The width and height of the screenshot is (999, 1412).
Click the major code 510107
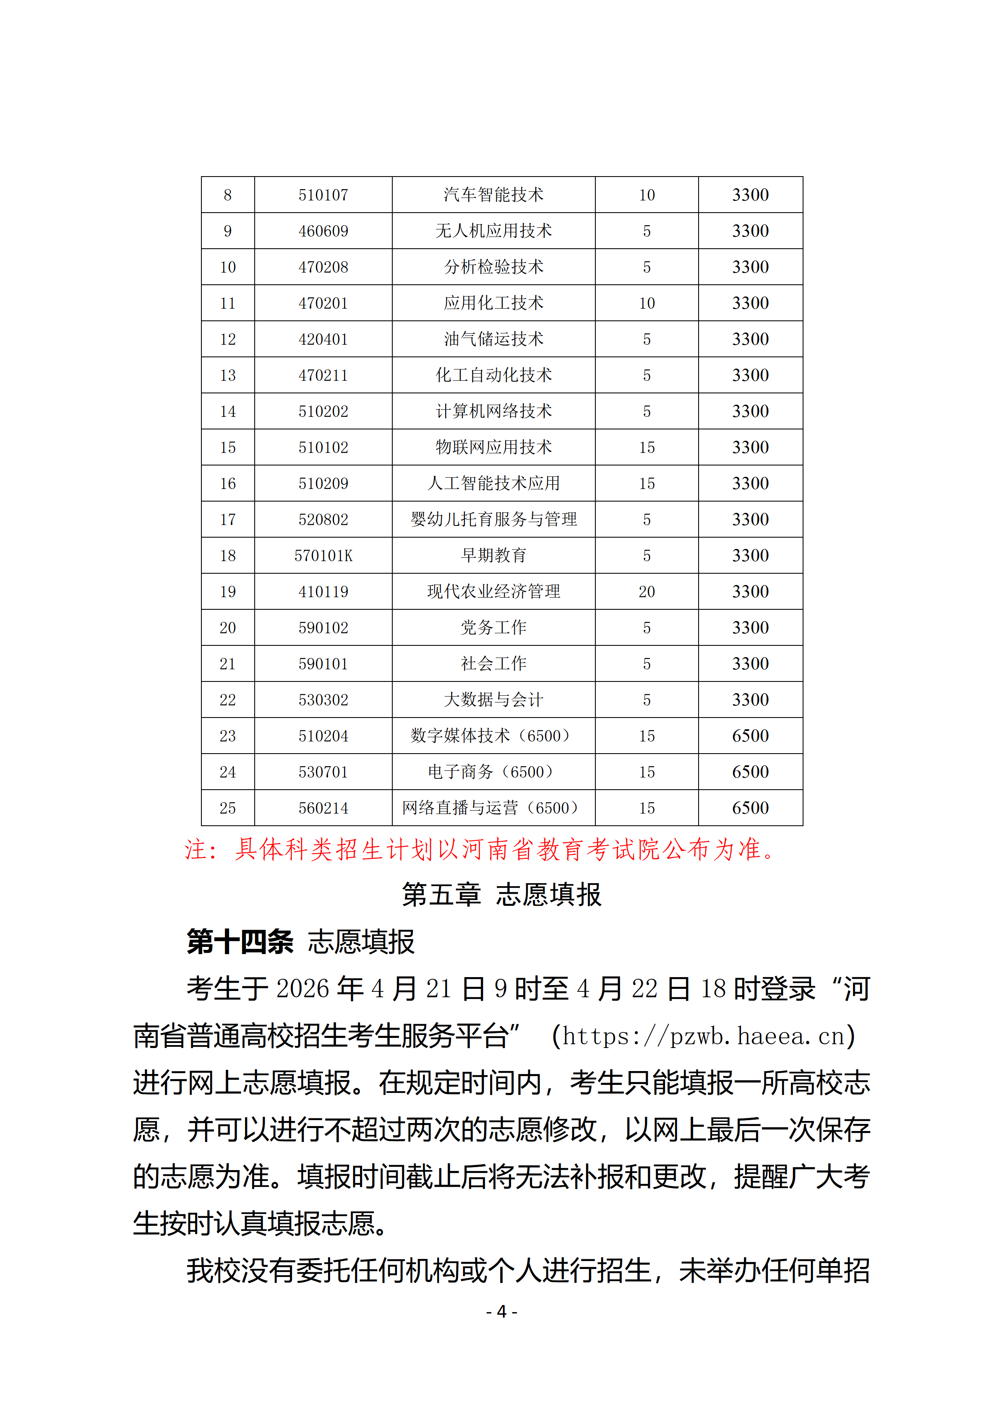click(x=323, y=195)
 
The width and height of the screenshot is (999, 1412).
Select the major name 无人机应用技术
click(x=493, y=231)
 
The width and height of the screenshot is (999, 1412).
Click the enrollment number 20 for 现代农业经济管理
click(x=647, y=592)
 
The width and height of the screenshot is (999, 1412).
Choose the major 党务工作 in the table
click(x=493, y=628)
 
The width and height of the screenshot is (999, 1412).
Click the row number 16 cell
click(x=227, y=484)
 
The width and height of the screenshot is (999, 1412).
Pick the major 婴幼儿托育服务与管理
click(x=493, y=520)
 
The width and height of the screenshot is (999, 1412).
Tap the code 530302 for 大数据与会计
click(x=323, y=700)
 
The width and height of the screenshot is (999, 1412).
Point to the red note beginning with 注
click(x=480, y=850)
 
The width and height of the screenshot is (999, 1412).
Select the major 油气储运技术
click(x=493, y=339)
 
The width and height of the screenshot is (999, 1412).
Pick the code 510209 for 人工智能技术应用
click(x=323, y=484)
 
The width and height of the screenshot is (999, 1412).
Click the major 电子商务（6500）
click(x=493, y=772)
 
